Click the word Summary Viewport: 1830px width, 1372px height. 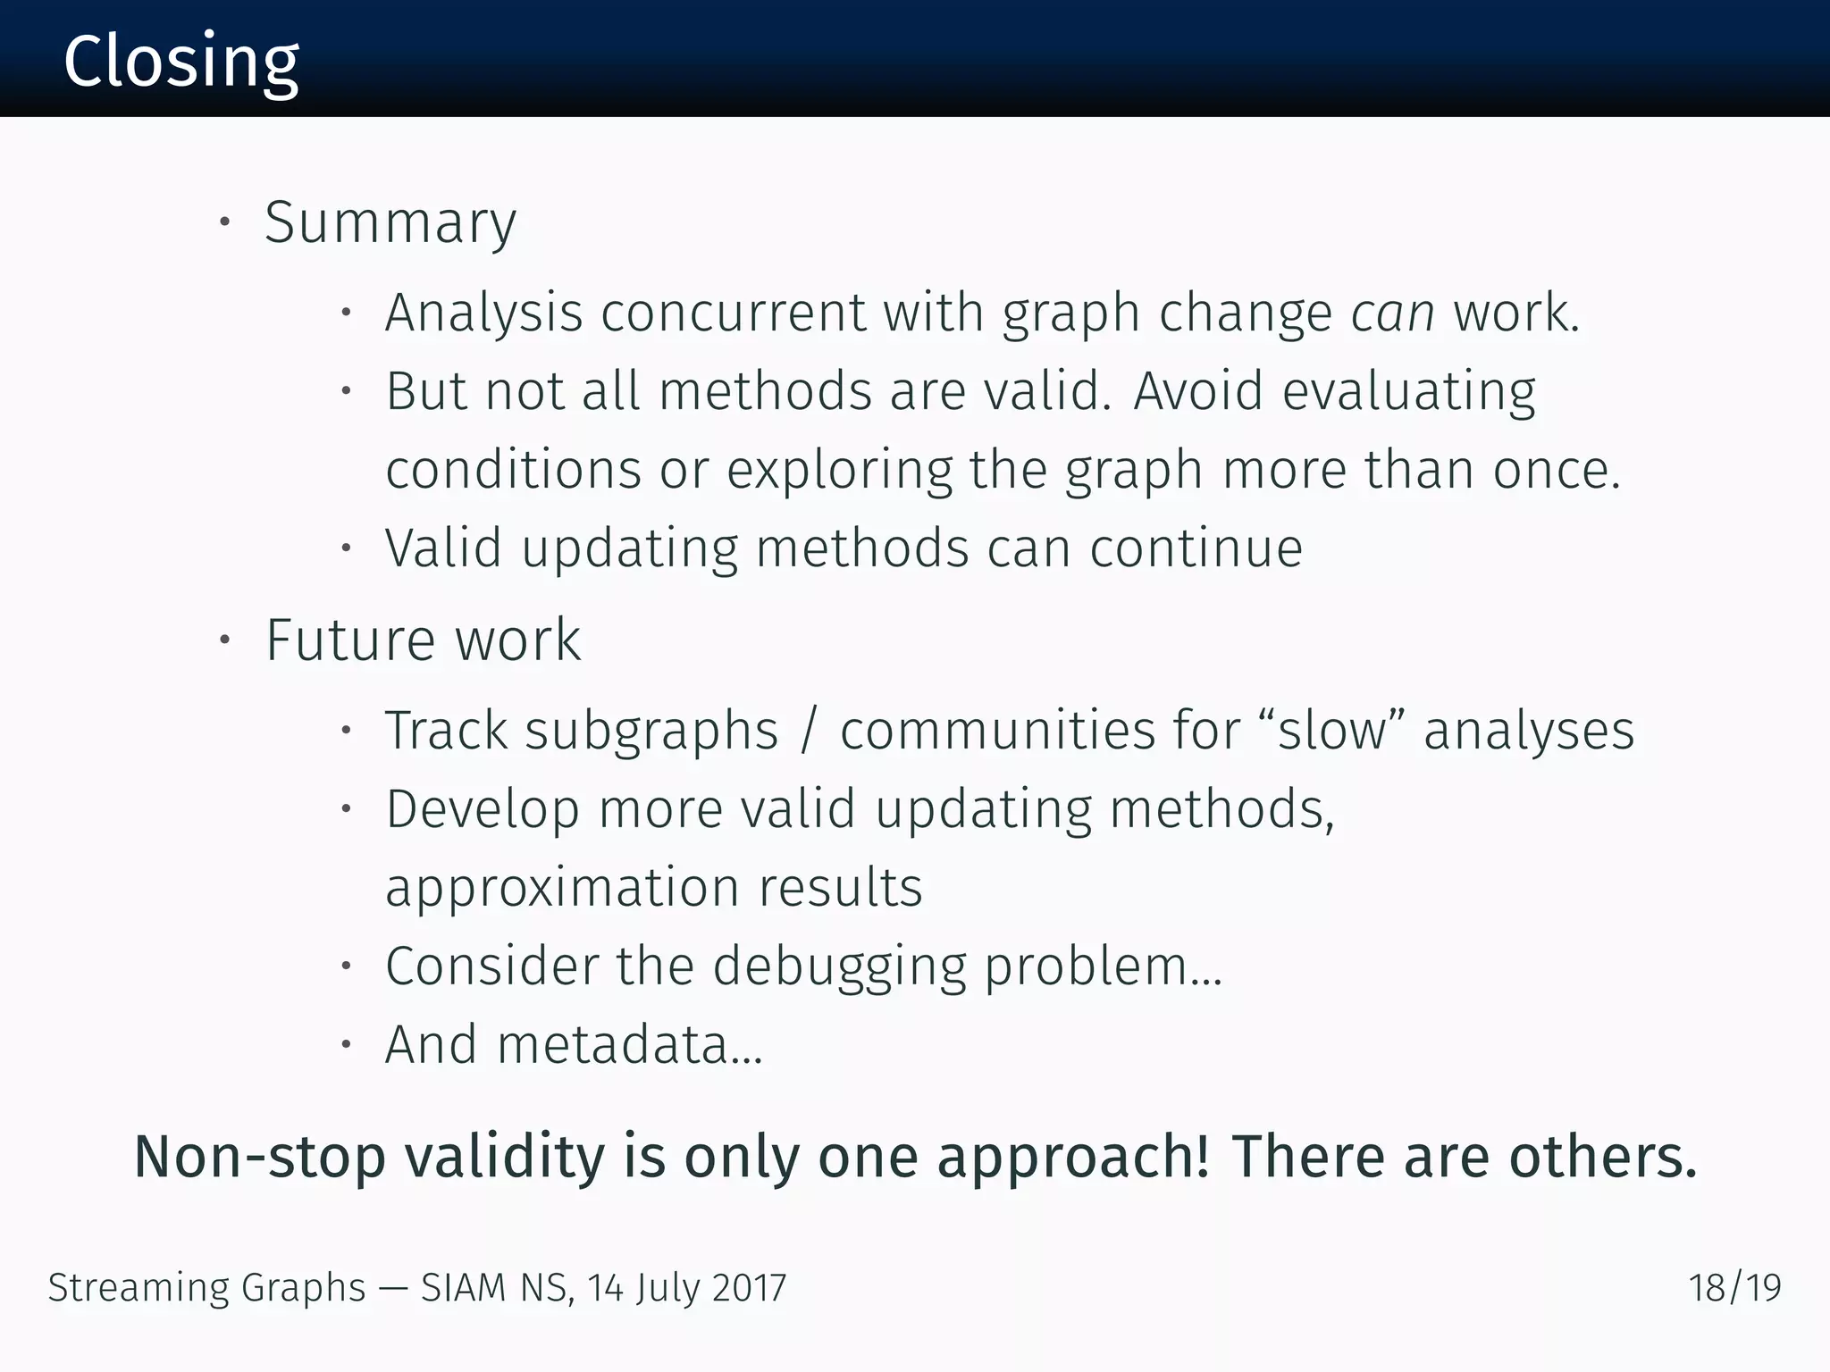tap(390, 222)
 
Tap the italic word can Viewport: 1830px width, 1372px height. tap(1392, 313)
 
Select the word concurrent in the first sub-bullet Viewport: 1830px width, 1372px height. tap(733, 313)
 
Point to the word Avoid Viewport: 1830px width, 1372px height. tap(1197, 391)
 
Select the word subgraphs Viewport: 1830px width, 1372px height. tap(651, 731)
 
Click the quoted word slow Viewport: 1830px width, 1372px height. tap(1331, 731)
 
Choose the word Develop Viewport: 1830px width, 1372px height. tap(483, 809)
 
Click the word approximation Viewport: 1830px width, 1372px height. tap(562, 888)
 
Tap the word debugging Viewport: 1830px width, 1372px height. tap(839, 966)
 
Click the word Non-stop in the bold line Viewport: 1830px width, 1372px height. tap(260, 1157)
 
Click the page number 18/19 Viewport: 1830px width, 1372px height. tap(1734, 1288)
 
